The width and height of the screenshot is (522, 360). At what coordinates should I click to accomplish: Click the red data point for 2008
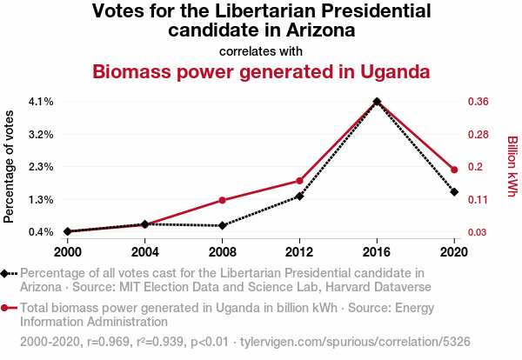tap(223, 200)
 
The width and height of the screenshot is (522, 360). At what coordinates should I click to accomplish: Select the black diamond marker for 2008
tap(223, 226)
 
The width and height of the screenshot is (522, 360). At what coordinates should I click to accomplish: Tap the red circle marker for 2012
tap(299, 181)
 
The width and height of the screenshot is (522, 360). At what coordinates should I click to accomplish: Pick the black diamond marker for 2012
tap(299, 197)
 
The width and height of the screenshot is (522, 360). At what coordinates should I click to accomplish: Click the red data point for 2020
tap(454, 170)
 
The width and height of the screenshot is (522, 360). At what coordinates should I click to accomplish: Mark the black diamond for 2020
tap(454, 191)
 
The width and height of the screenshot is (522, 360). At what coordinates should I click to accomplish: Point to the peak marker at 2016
tap(377, 102)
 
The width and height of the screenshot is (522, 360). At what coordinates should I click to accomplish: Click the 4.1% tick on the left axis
tap(41, 102)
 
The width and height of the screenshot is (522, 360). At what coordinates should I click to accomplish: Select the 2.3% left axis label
tap(41, 167)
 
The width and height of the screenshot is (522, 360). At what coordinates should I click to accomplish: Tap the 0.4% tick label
tap(41, 232)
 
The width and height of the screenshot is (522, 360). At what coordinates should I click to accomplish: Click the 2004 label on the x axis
tap(145, 251)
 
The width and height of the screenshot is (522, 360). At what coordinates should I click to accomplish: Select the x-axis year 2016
tap(377, 251)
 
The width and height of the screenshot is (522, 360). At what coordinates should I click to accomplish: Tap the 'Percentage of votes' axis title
tap(10, 167)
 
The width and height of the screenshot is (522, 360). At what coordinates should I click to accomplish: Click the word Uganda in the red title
tap(389, 71)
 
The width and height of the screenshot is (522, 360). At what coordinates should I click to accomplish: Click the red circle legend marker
tap(7, 308)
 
